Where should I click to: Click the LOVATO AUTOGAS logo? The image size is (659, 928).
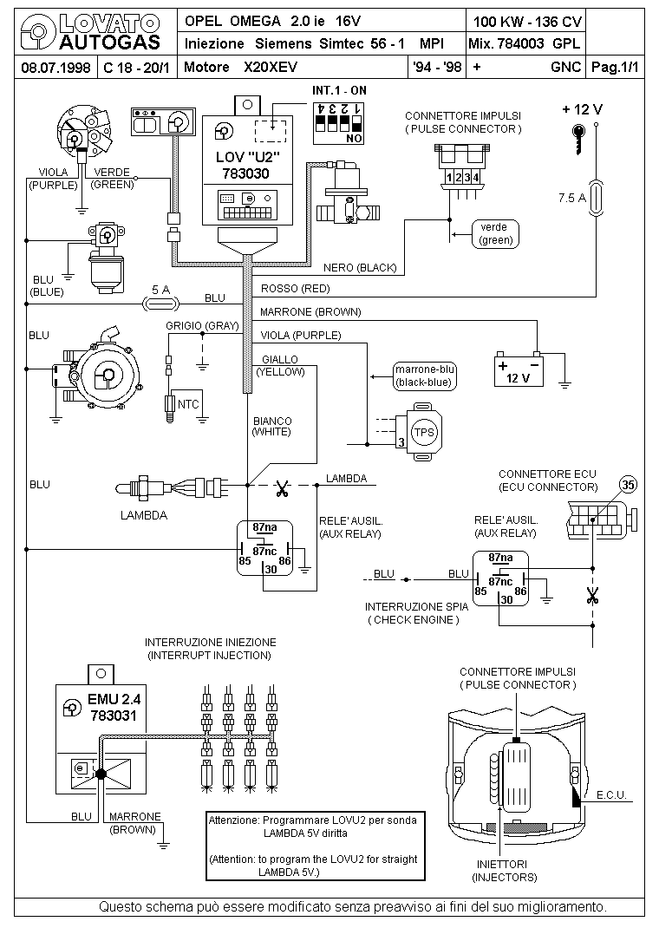pyautogui.click(x=90, y=31)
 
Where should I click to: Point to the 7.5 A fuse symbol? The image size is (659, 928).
pyautogui.click(x=596, y=197)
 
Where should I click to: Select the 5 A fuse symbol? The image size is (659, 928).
pyautogui.click(x=160, y=303)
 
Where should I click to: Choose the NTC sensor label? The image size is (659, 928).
pyautogui.click(x=188, y=404)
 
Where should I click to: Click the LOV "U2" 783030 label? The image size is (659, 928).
pyautogui.click(x=250, y=165)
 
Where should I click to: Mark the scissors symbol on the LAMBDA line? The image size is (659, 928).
pyautogui.click(x=281, y=489)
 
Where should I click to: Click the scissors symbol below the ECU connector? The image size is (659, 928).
pyautogui.click(x=593, y=596)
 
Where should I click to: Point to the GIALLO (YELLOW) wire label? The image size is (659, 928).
pyautogui.click(x=279, y=365)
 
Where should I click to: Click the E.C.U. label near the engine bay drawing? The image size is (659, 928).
pyautogui.click(x=615, y=794)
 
